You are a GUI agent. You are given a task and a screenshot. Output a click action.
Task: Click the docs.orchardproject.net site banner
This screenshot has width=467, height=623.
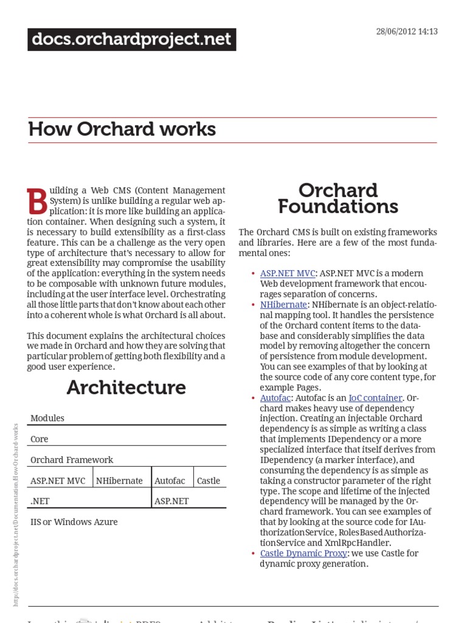pos(131,40)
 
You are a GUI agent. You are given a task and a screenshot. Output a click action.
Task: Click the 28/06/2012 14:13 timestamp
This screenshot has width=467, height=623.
pos(407,32)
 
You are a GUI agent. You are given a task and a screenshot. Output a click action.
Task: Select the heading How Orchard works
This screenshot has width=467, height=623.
pos(122,130)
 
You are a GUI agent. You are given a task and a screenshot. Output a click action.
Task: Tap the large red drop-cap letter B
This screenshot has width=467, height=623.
pos(37,201)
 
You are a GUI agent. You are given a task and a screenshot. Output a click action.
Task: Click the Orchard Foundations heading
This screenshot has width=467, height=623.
pos(338,198)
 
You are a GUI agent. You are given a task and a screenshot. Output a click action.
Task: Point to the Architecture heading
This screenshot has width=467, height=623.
pos(126,388)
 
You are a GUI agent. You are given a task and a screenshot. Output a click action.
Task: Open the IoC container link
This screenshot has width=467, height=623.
pos(375,398)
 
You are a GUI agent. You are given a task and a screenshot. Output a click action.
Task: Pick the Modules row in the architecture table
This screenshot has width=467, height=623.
pos(47,419)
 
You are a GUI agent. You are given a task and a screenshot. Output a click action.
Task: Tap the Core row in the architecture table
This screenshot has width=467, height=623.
pos(40,439)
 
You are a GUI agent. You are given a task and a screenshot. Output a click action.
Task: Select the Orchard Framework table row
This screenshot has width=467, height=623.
pos(72,460)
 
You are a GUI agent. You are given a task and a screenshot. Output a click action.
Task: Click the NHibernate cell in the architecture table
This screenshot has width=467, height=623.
pos(120,481)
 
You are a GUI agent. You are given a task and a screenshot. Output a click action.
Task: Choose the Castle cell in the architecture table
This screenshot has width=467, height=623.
pos(209,481)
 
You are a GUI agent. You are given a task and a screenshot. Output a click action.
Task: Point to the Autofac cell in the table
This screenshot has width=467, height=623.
pos(170,481)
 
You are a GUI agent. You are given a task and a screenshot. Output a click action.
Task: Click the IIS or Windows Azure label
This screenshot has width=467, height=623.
pos(74,522)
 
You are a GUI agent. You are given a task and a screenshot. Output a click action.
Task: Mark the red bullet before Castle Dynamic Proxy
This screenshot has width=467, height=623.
pos(253,554)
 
